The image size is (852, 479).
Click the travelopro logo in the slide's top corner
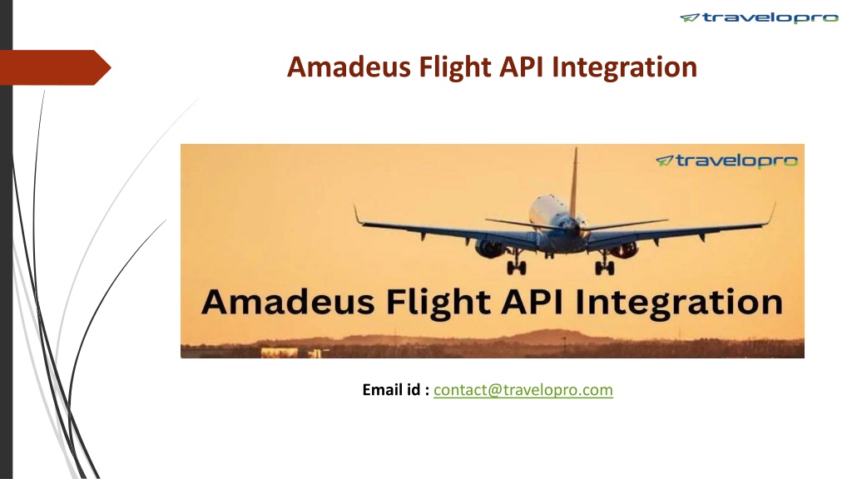coord(759,18)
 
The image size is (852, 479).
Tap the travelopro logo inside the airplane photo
coord(726,161)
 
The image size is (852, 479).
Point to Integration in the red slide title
coord(624,68)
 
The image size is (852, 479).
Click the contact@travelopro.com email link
coord(523,390)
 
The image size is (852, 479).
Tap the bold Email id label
coord(395,390)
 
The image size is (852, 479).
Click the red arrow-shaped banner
coord(55,67)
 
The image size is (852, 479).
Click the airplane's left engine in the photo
coord(489,248)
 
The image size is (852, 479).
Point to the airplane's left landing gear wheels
coord(516,267)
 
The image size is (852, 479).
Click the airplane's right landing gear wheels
coord(604,267)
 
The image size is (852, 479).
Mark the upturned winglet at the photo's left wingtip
coord(358,214)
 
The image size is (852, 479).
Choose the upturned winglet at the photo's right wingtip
coord(771,213)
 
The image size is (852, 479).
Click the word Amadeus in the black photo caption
coord(288,302)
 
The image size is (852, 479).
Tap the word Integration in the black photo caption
coord(679,303)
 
